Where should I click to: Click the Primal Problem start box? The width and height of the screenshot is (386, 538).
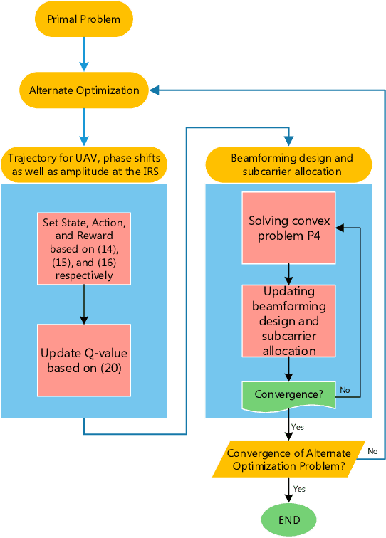point(83,19)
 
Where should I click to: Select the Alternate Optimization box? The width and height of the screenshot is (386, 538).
point(83,90)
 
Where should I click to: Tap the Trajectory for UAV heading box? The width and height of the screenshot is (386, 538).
point(84,164)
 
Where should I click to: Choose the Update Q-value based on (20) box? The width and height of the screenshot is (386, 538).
point(85,360)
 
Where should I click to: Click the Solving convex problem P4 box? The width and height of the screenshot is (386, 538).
point(288,228)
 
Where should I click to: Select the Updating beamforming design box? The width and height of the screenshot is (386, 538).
point(288,321)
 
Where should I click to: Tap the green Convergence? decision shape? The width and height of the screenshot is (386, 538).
point(288,394)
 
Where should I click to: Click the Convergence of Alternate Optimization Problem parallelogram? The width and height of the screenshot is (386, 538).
point(288,459)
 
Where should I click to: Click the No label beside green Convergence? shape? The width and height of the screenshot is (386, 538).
point(345,390)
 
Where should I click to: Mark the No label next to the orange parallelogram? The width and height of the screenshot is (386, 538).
point(372,450)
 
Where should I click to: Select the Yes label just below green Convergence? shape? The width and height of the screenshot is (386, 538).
point(297,427)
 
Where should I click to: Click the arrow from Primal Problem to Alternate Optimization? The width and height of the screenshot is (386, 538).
point(83,53)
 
